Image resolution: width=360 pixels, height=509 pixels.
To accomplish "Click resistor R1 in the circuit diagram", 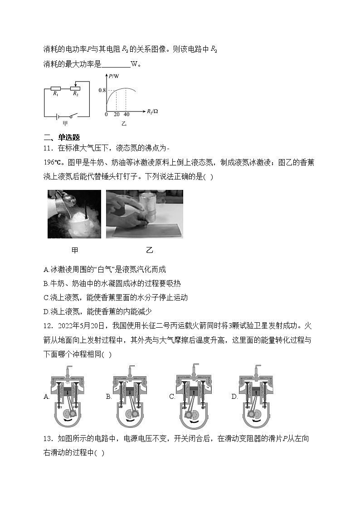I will pos(56,88).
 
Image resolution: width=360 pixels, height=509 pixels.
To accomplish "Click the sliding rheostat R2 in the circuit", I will pos(76,88).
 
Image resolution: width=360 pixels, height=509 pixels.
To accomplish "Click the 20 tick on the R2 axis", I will pos(116,114).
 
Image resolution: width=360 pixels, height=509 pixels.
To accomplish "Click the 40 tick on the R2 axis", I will pos(126,114).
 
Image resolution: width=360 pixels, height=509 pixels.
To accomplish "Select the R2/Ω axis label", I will pos(152,111).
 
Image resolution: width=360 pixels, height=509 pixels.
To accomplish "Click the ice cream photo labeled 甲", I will pos(74,214).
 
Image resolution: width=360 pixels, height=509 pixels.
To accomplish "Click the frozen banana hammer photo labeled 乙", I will pos(145,214).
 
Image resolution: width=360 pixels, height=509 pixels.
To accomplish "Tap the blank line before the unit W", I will pos(116,64).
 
